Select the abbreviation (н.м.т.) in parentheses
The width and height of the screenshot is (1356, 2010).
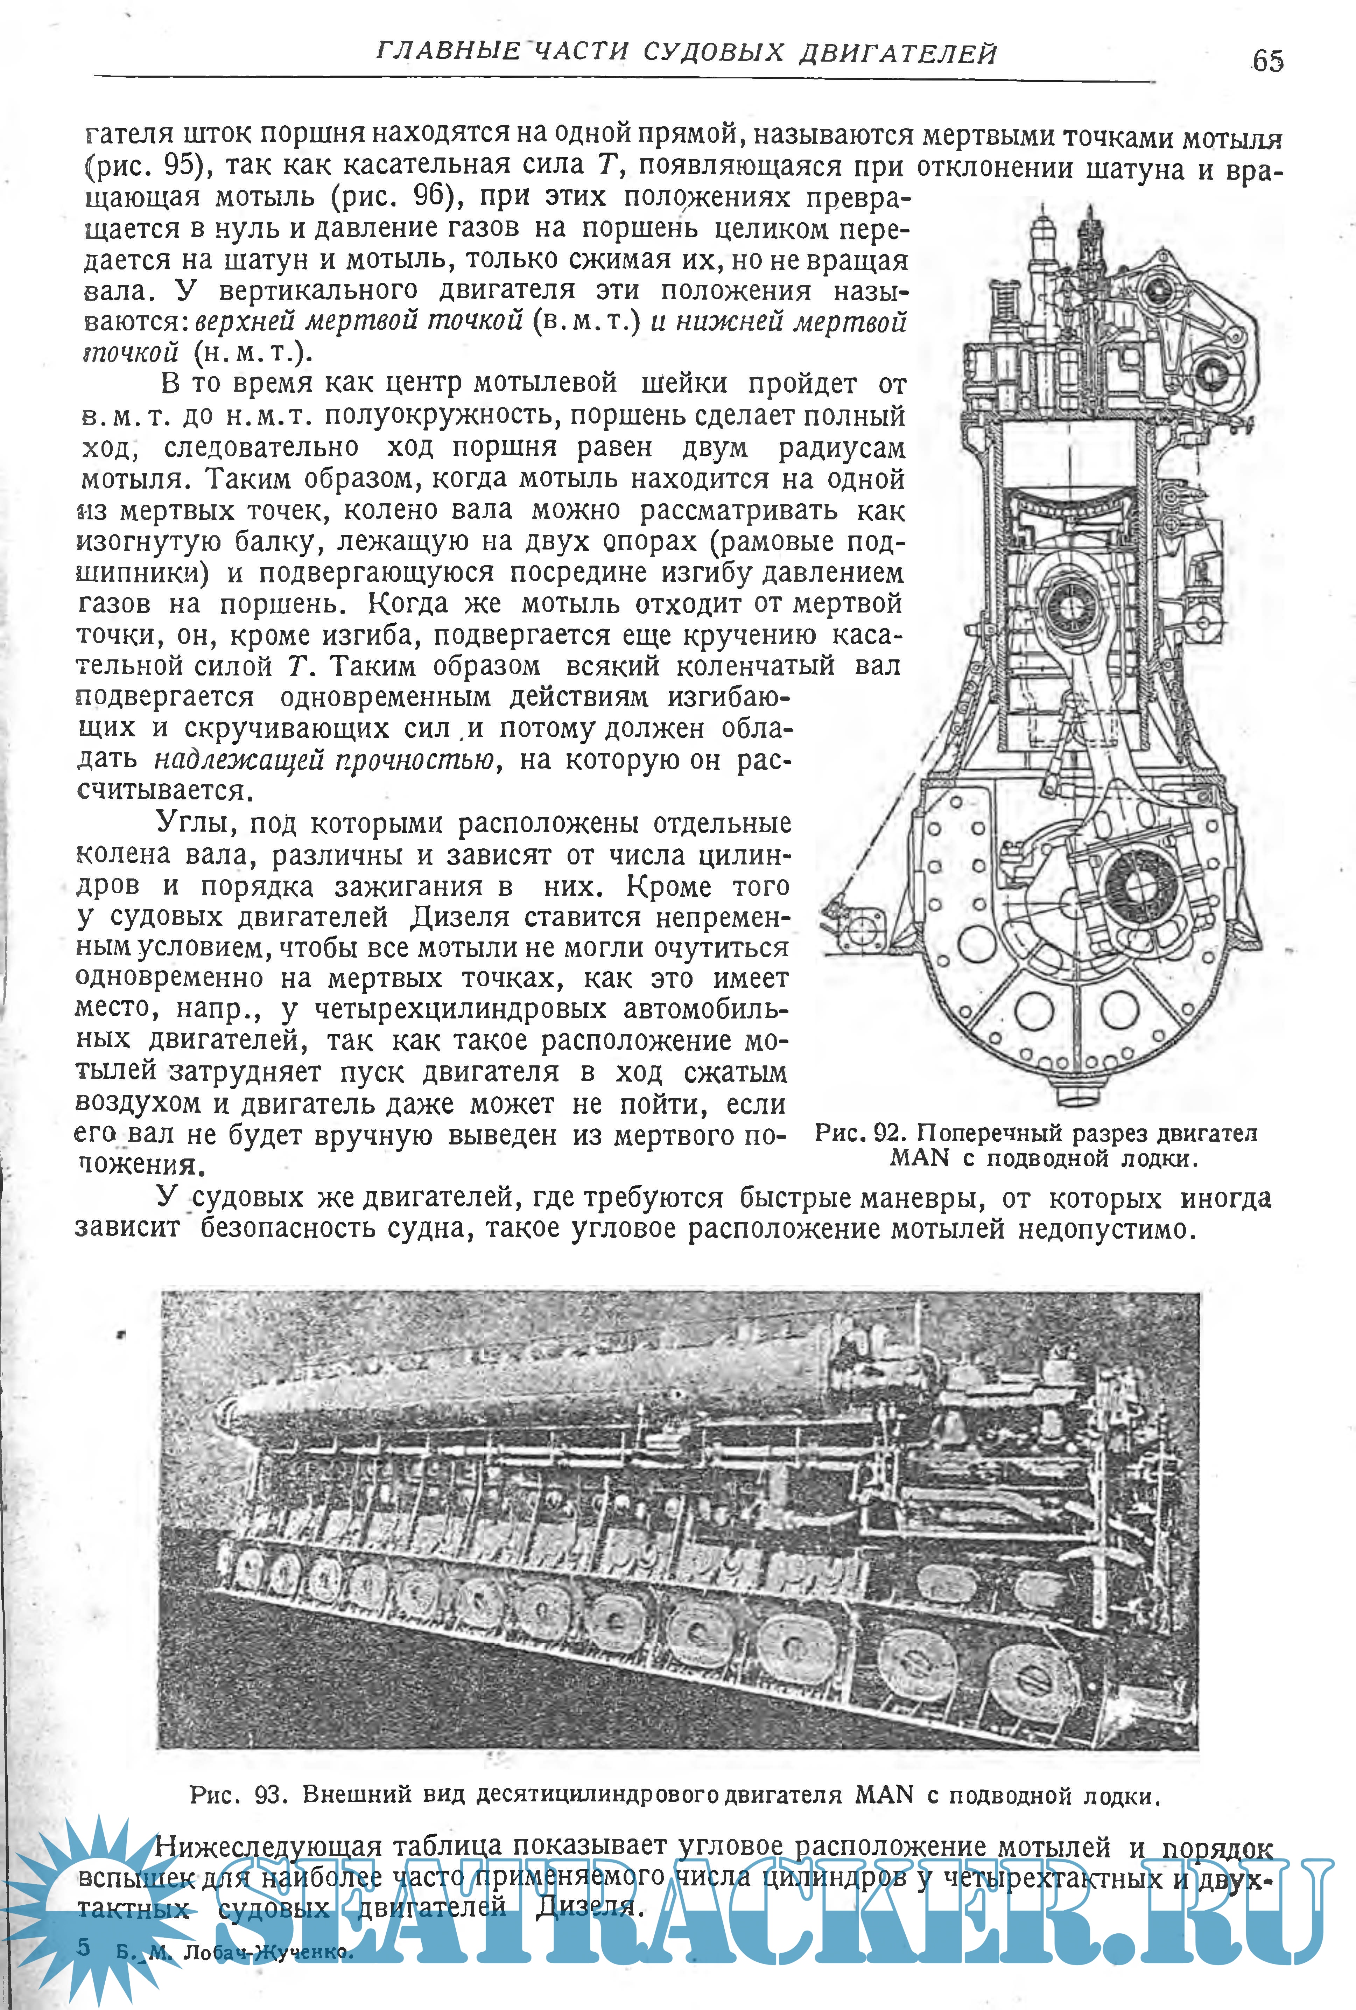(248, 353)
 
